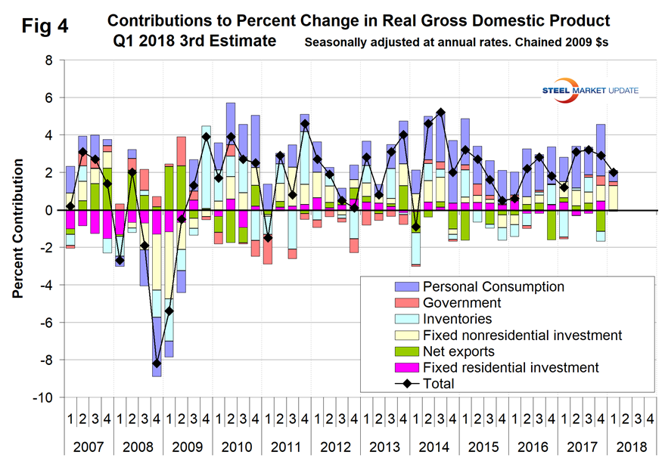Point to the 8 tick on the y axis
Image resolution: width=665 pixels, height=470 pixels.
pos(50,60)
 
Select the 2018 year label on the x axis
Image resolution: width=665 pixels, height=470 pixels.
pos(631,447)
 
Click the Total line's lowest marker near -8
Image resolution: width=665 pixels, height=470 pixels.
pos(157,363)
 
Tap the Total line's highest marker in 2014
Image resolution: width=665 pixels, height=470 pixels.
pos(440,113)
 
